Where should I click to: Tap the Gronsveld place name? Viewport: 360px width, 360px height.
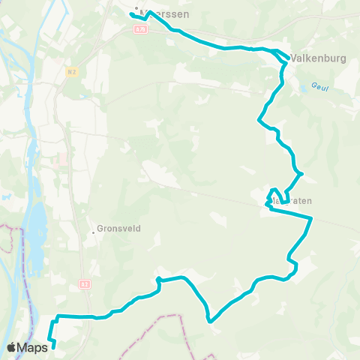(118, 229)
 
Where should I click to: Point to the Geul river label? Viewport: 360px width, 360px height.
(320, 88)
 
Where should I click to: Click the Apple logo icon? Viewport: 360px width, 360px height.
(12, 346)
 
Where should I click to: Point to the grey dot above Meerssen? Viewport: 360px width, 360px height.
(136, 9)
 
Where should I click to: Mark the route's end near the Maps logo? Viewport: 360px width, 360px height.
(54, 346)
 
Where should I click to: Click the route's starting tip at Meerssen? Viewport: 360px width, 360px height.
(131, 14)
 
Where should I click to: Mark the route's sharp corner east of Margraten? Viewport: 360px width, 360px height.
(311, 217)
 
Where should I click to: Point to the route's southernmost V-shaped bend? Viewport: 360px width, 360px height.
(211, 322)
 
